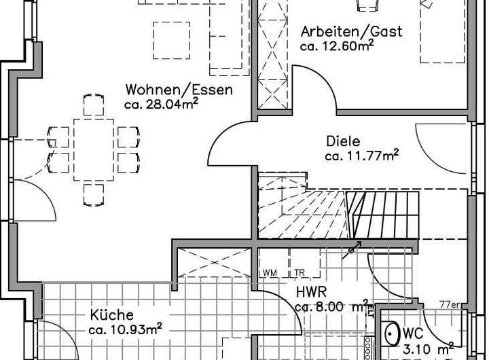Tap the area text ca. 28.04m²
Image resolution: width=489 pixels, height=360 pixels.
161,104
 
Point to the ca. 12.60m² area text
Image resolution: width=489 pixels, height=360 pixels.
338,46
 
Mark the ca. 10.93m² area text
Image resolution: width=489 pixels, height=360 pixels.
124,330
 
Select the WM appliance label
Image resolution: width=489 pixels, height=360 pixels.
270,273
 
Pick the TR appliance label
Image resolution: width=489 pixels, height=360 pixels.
300,273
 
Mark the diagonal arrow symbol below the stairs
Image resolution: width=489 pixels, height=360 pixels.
352,249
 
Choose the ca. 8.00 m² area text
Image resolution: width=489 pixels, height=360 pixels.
331,306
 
